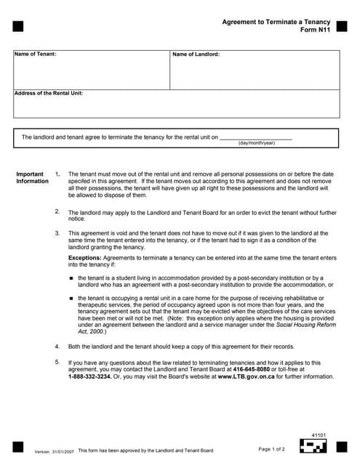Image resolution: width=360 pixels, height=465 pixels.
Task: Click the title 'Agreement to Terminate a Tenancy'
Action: [276, 23]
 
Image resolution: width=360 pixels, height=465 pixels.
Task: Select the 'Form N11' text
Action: [315, 32]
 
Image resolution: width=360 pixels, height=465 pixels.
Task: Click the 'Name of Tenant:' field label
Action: [35, 54]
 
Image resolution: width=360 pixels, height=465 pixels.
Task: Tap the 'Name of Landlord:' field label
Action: [196, 54]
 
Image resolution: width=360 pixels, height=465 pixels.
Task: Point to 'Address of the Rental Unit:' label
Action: [49, 93]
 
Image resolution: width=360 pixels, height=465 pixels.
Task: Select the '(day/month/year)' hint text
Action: [257, 143]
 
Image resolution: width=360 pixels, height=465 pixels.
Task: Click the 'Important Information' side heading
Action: [32, 178]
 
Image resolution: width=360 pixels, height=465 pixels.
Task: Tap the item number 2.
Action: [57, 211]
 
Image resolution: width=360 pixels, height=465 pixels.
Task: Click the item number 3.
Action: [57, 233]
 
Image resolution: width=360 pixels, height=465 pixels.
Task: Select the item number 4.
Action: [57, 347]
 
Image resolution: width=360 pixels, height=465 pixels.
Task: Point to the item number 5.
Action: [57, 362]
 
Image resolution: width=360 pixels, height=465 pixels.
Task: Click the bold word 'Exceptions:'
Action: [85, 258]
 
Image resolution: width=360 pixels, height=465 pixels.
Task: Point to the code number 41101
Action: [318, 434]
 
